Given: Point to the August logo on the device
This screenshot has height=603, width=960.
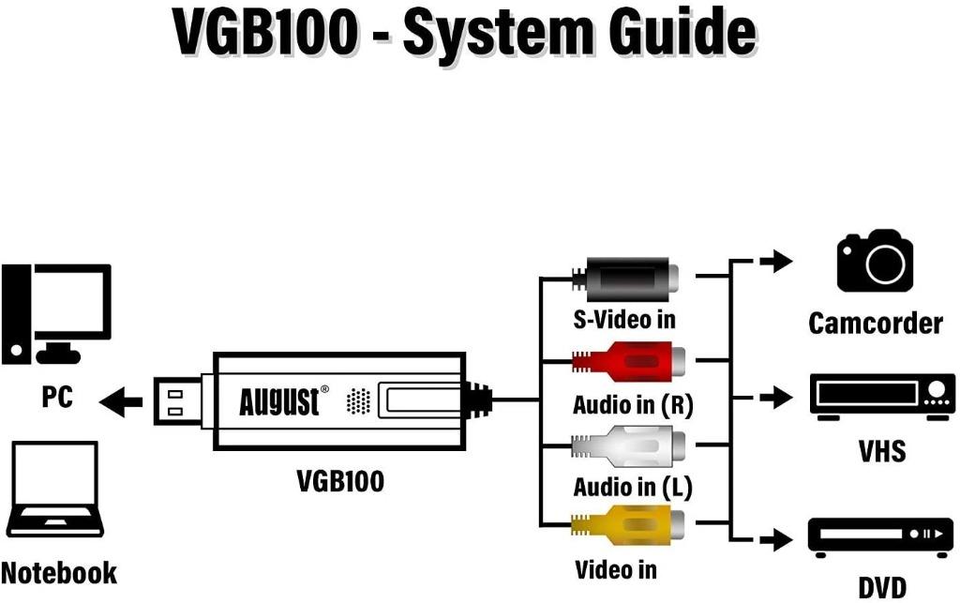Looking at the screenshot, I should [x=278, y=401].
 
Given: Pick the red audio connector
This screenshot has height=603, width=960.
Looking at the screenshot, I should [x=629, y=360].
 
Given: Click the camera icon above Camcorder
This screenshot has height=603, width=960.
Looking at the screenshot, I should [x=874, y=261].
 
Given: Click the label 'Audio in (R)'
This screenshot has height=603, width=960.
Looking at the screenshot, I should [x=632, y=405].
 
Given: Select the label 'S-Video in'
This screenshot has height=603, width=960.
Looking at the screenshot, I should [x=624, y=320].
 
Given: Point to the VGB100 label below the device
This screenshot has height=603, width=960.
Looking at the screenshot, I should [x=340, y=481].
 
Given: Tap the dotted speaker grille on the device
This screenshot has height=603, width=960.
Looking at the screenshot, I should [x=358, y=401].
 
